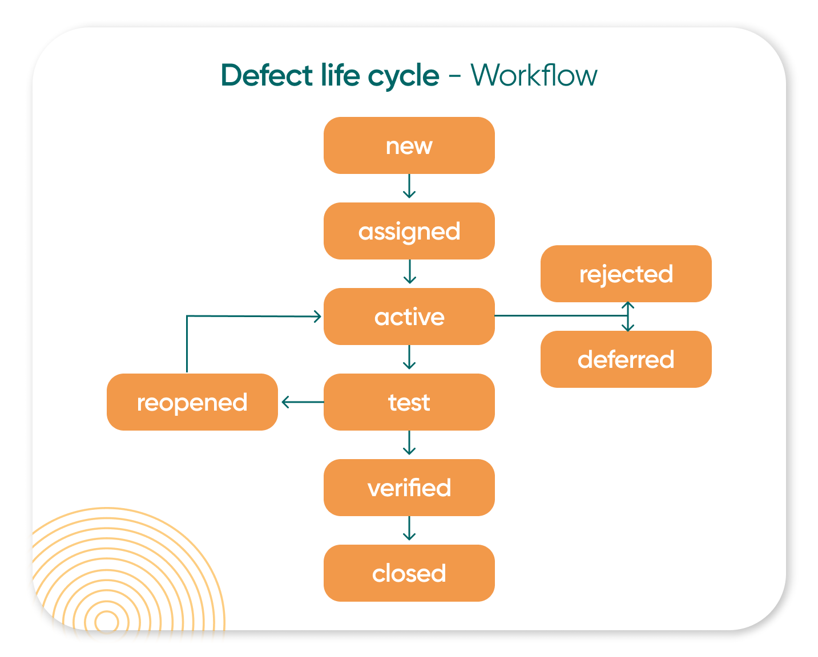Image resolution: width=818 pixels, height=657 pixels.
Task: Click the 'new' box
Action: click(409, 145)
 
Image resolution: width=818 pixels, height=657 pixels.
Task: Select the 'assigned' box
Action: click(409, 231)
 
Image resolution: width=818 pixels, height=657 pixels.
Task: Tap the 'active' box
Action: click(409, 317)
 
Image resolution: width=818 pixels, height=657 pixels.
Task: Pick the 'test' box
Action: click(409, 402)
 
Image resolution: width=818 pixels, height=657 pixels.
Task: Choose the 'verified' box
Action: click(409, 488)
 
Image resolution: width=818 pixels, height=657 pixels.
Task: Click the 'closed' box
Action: click(409, 573)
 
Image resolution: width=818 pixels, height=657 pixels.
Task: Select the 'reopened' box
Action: click(192, 402)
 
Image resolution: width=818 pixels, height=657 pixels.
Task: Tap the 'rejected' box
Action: click(626, 274)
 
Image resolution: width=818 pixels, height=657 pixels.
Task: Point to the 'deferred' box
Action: click(626, 359)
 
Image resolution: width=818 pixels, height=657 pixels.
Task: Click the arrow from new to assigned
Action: click(409, 187)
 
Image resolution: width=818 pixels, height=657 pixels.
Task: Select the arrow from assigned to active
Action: click(409, 273)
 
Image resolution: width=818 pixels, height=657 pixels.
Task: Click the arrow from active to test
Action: click(409, 358)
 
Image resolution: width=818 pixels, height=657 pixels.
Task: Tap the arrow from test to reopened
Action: click(301, 402)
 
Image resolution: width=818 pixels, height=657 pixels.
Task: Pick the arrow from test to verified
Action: click(409, 444)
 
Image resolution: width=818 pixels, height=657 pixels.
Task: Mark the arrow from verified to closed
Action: click(409, 529)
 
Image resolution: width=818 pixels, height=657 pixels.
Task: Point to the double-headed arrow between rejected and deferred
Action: click(628, 317)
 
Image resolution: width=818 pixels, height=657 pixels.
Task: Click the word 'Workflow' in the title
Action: click(534, 75)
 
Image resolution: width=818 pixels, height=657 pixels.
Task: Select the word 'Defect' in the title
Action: click(267, 75)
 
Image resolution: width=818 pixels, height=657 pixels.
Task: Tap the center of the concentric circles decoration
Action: click(107, 622)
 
